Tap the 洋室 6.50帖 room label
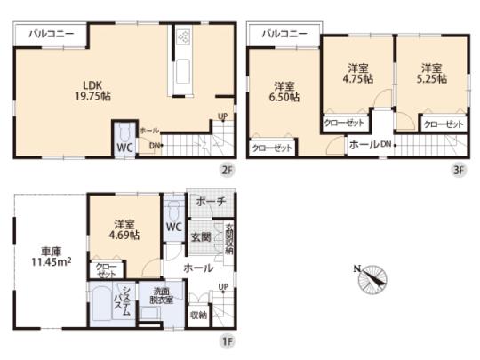[x=284, y=92]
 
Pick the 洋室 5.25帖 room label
[x=431, y=73]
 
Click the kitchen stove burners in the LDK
[x=184, y=38]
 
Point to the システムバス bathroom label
[x=126, y=301]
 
